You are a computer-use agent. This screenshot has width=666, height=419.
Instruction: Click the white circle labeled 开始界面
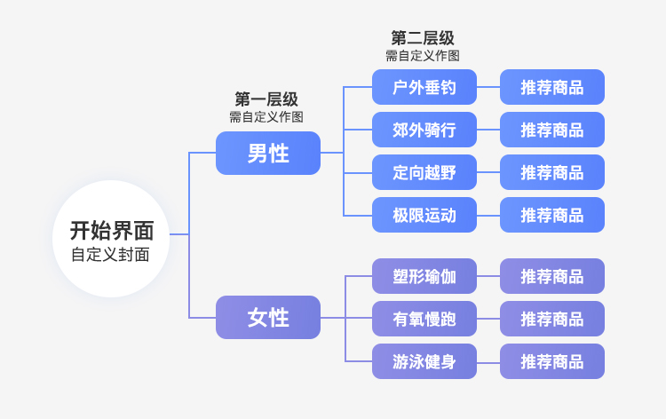point(111,238)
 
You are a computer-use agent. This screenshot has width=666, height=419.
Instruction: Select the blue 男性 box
point(267,153)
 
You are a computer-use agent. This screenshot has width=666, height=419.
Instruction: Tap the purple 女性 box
point(267,317)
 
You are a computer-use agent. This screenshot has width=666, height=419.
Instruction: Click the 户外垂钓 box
point(424,87)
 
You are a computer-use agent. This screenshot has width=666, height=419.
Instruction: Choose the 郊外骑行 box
point(424,130)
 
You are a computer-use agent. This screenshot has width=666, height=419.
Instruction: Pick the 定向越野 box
point(424,172)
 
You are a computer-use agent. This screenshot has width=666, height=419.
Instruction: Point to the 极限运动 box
point(424,215)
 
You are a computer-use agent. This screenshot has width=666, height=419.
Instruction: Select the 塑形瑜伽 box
point(424,276)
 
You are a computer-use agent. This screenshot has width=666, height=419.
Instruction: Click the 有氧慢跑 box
point(424,319)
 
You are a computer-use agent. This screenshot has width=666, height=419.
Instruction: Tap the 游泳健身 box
point(424,361)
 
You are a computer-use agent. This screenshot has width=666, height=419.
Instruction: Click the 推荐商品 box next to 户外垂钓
point(551,87)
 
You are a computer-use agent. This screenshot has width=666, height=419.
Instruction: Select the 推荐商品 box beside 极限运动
point(551,215)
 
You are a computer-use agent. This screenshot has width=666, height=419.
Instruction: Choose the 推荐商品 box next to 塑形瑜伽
point(551,276)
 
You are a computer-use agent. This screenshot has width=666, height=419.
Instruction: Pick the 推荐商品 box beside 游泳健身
point(551,361)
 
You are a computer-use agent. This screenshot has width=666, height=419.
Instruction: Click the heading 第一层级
point(266,99)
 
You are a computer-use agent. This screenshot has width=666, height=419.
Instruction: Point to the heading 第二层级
point(423,38)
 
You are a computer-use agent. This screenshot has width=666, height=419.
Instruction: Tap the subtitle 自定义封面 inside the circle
point(110,255)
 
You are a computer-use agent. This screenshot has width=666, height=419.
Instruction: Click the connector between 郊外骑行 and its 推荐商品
point(488,130)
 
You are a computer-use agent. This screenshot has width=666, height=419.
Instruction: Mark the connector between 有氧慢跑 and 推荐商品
point(488,319)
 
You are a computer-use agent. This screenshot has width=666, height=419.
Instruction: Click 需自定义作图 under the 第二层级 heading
point(423,55)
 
